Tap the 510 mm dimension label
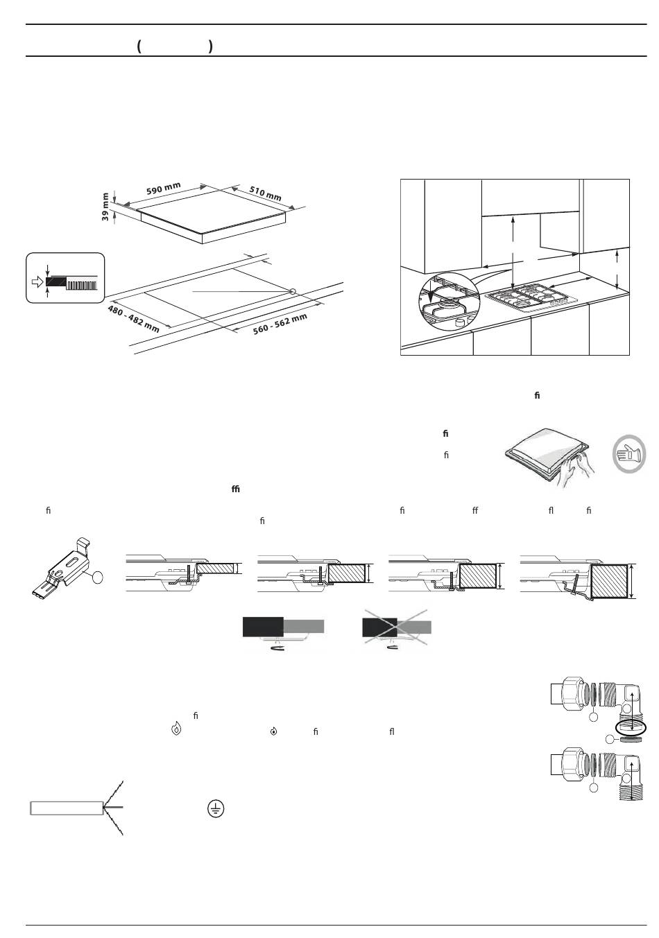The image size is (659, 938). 265,193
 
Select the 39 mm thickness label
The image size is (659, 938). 106,206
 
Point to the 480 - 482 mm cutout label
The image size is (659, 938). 133,319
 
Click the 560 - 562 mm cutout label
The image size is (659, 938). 280,324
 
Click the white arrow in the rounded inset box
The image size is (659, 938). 37,282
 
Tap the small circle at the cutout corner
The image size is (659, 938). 293,291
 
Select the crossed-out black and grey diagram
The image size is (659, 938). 397,629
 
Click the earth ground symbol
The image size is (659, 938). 216,808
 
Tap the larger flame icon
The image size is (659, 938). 176,729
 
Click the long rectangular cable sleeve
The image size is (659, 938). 67,808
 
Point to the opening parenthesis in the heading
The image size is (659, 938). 139,46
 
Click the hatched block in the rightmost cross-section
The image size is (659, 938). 610,580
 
